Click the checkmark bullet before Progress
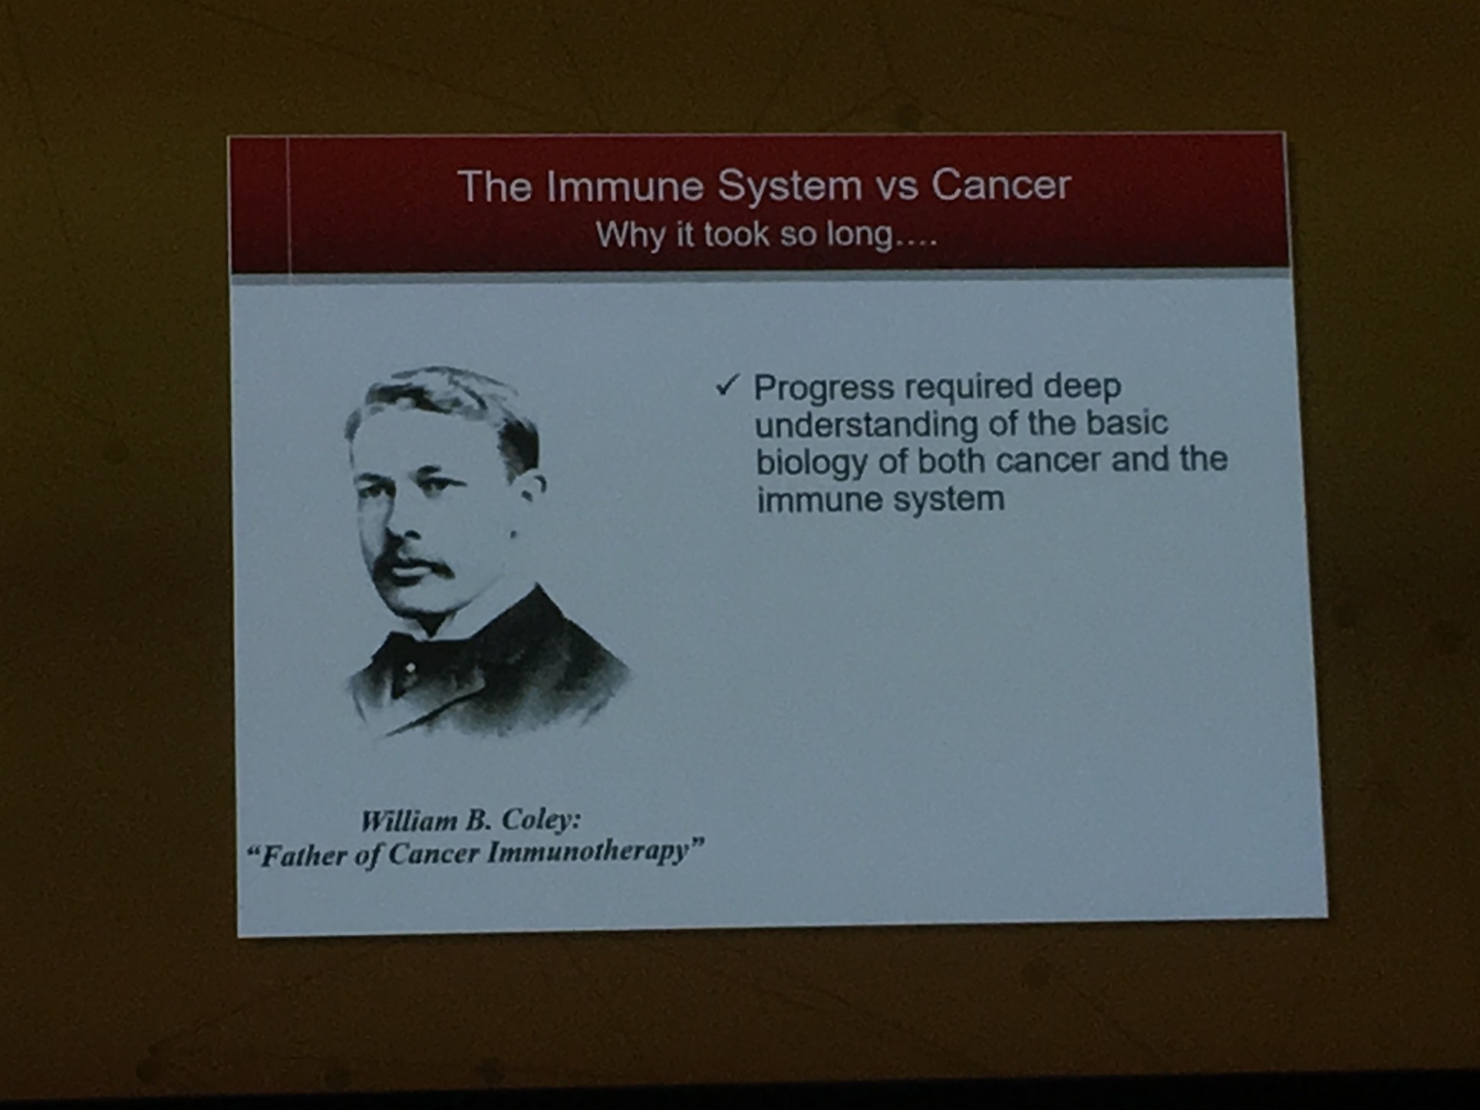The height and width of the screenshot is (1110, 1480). (727, 385)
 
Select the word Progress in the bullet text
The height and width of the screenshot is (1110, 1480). (824, 388)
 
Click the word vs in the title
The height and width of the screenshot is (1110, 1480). (896, 189)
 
